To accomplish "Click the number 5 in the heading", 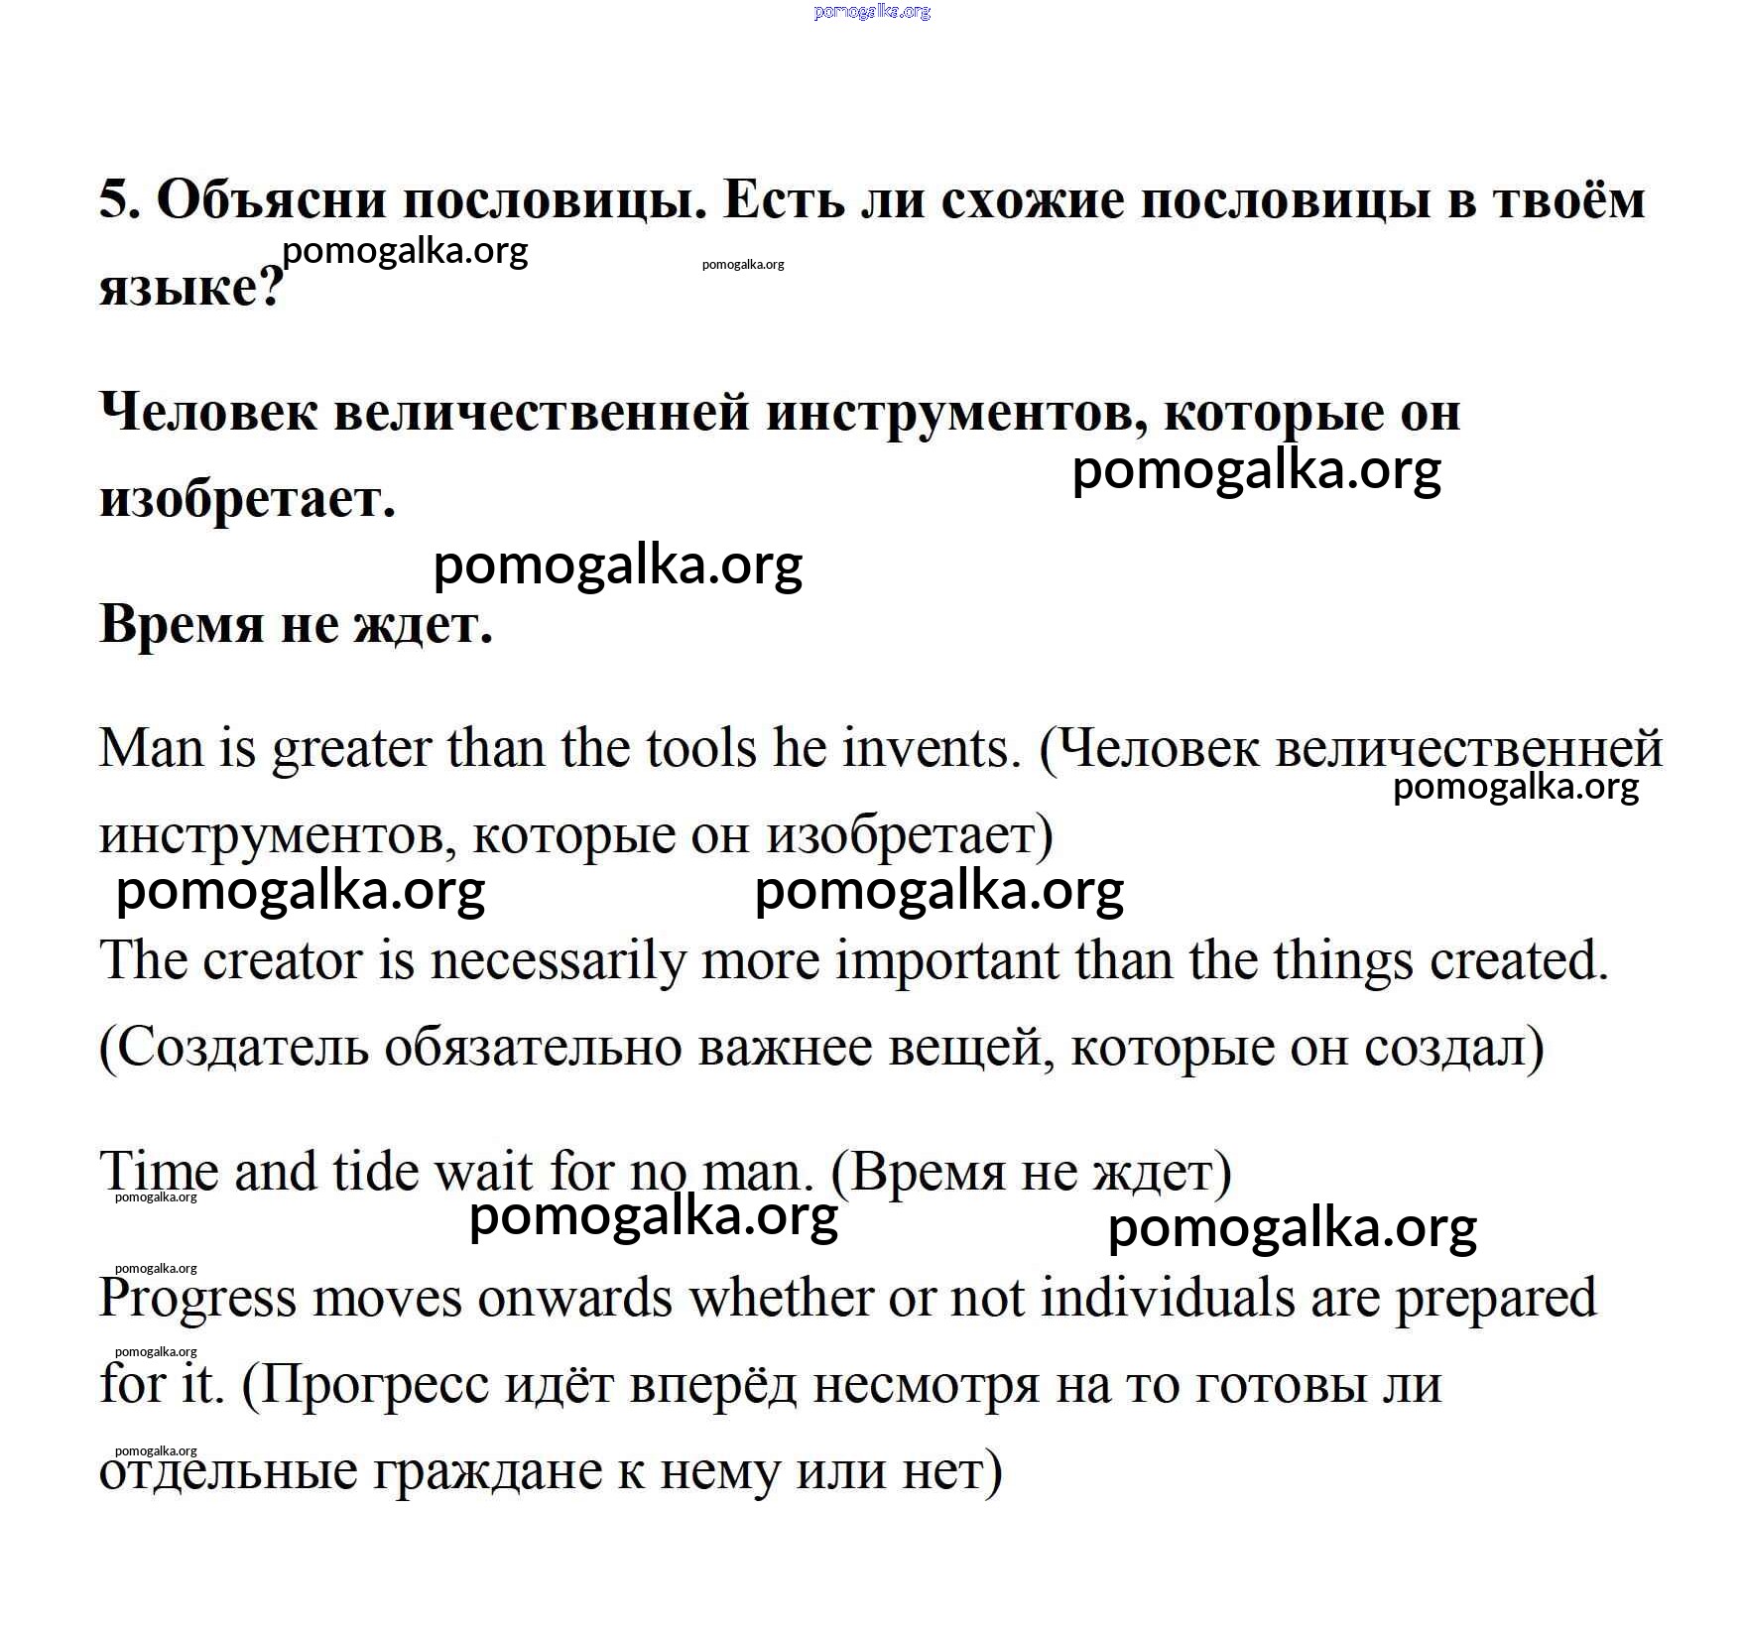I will pos(116,201).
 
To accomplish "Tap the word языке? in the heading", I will pos(190,288).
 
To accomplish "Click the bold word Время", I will pos(183,624).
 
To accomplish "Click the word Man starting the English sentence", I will pos(150,748).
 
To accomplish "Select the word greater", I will pos(351,750).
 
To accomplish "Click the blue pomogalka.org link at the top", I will pos(872,11).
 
